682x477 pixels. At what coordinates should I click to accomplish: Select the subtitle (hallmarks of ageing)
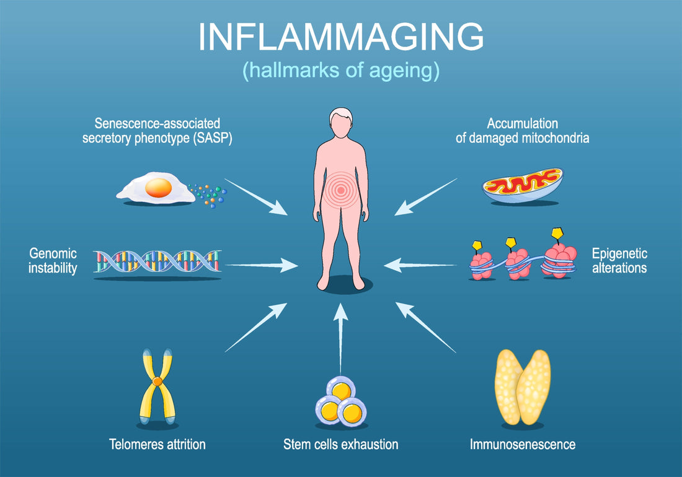tap(340, 70)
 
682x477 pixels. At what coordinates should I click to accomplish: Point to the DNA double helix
tap(157, 261)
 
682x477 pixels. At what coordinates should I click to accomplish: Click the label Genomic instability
tap(53, 261)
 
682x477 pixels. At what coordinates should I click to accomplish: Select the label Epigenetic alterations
tap(619, 261)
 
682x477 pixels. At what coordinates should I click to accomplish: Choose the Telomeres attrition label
tap(157, 444)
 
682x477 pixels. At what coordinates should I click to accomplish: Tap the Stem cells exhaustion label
tap(340, 444)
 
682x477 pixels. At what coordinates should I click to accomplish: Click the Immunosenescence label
tap(522, 444)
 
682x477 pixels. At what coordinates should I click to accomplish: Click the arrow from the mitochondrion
tap(426, 196)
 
